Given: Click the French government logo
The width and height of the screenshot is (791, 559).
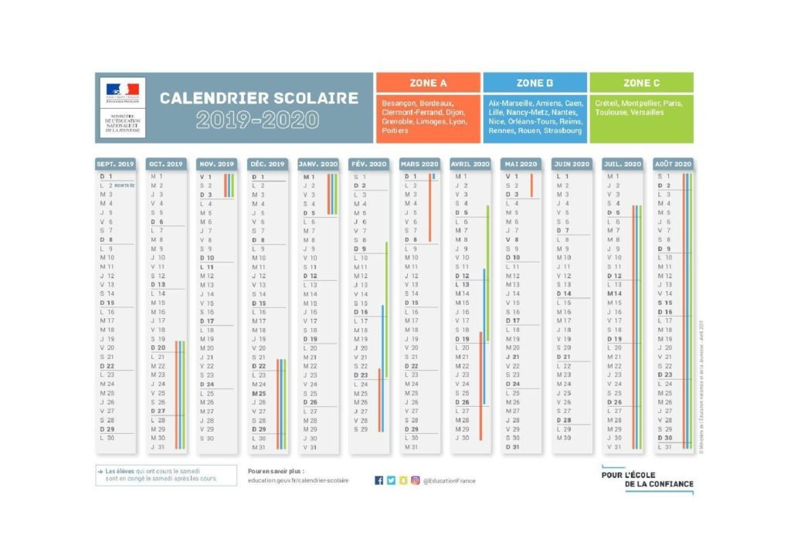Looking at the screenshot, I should (121, 91).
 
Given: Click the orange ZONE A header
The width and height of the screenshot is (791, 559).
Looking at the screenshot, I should (427, 83).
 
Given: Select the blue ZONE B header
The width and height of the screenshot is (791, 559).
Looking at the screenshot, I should (535, 83).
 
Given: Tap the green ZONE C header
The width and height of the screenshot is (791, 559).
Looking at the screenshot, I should (641, 83).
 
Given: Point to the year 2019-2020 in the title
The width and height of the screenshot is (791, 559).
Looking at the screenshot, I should (257, 120).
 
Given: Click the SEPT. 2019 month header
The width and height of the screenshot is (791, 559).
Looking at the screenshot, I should (115, 164).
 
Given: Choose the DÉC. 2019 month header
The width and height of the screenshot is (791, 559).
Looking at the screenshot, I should (266, 164).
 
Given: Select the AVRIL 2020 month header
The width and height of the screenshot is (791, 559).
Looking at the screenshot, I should (470, 164).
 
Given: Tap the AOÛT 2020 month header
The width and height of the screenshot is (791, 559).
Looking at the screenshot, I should (673, 164).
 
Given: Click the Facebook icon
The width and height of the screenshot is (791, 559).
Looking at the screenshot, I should (379, 480).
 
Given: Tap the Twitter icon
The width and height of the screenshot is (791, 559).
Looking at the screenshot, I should (391, 480).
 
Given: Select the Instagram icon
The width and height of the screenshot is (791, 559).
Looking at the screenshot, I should (416, 480).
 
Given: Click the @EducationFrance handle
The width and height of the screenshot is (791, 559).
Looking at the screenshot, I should (450, 480).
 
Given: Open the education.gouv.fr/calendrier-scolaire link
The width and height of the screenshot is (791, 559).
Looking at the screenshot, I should (298, 480).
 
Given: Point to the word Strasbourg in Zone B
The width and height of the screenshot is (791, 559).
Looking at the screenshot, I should (563, 130).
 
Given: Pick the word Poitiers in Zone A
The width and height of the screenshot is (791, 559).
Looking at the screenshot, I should (395, 130).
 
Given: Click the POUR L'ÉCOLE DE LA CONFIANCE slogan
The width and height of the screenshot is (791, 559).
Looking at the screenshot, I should (647, 479).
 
